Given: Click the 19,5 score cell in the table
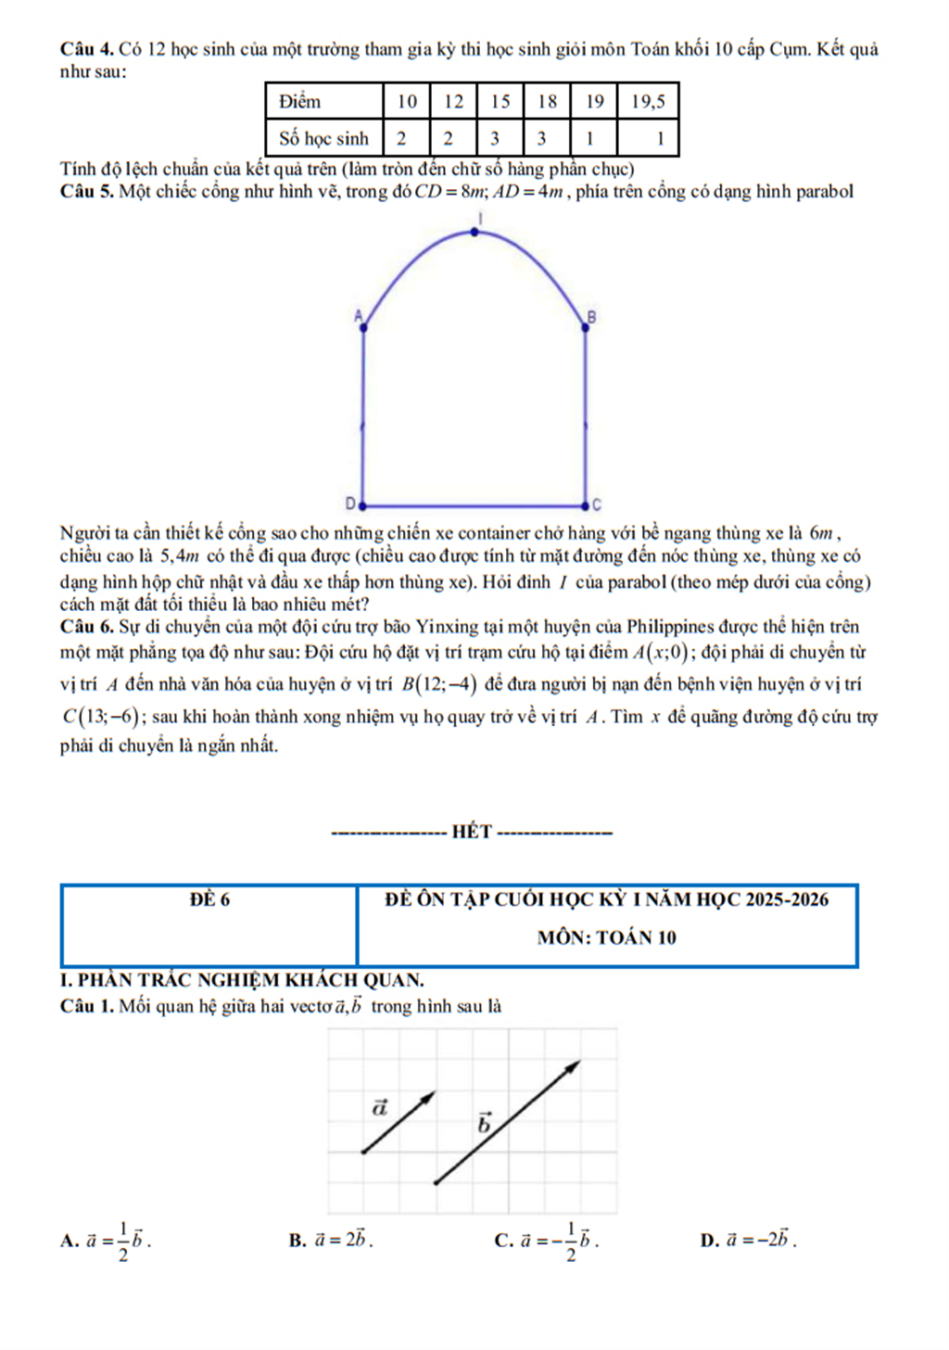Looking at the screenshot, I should point(648,102).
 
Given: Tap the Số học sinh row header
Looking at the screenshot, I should point(323,138).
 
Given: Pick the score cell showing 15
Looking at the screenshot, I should point(500,102).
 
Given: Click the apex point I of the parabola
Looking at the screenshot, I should point(475,232).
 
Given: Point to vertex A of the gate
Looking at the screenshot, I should point(362,325).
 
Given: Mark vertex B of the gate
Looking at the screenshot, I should point(586,325).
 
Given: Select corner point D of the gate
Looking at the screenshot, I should point(361,506).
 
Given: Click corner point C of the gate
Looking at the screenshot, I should point(585,506).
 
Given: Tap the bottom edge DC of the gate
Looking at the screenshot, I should point(473,507).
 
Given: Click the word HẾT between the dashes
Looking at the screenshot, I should point(472,832).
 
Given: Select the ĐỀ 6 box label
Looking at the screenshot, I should point(209,899).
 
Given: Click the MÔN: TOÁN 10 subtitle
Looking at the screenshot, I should point(607,937).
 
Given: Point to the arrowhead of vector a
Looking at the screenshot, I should point(430,1096).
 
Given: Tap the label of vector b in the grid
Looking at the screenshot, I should point(484,1124).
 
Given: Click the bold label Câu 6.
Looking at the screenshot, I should point(86,627).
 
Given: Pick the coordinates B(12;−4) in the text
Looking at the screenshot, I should point(439,685).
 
